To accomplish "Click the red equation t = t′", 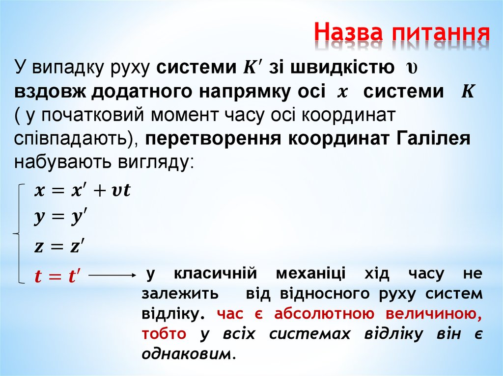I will click(x=57, y=276).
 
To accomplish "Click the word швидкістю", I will click(x=338, y=67).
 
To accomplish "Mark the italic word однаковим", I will click(x=186, y=353).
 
